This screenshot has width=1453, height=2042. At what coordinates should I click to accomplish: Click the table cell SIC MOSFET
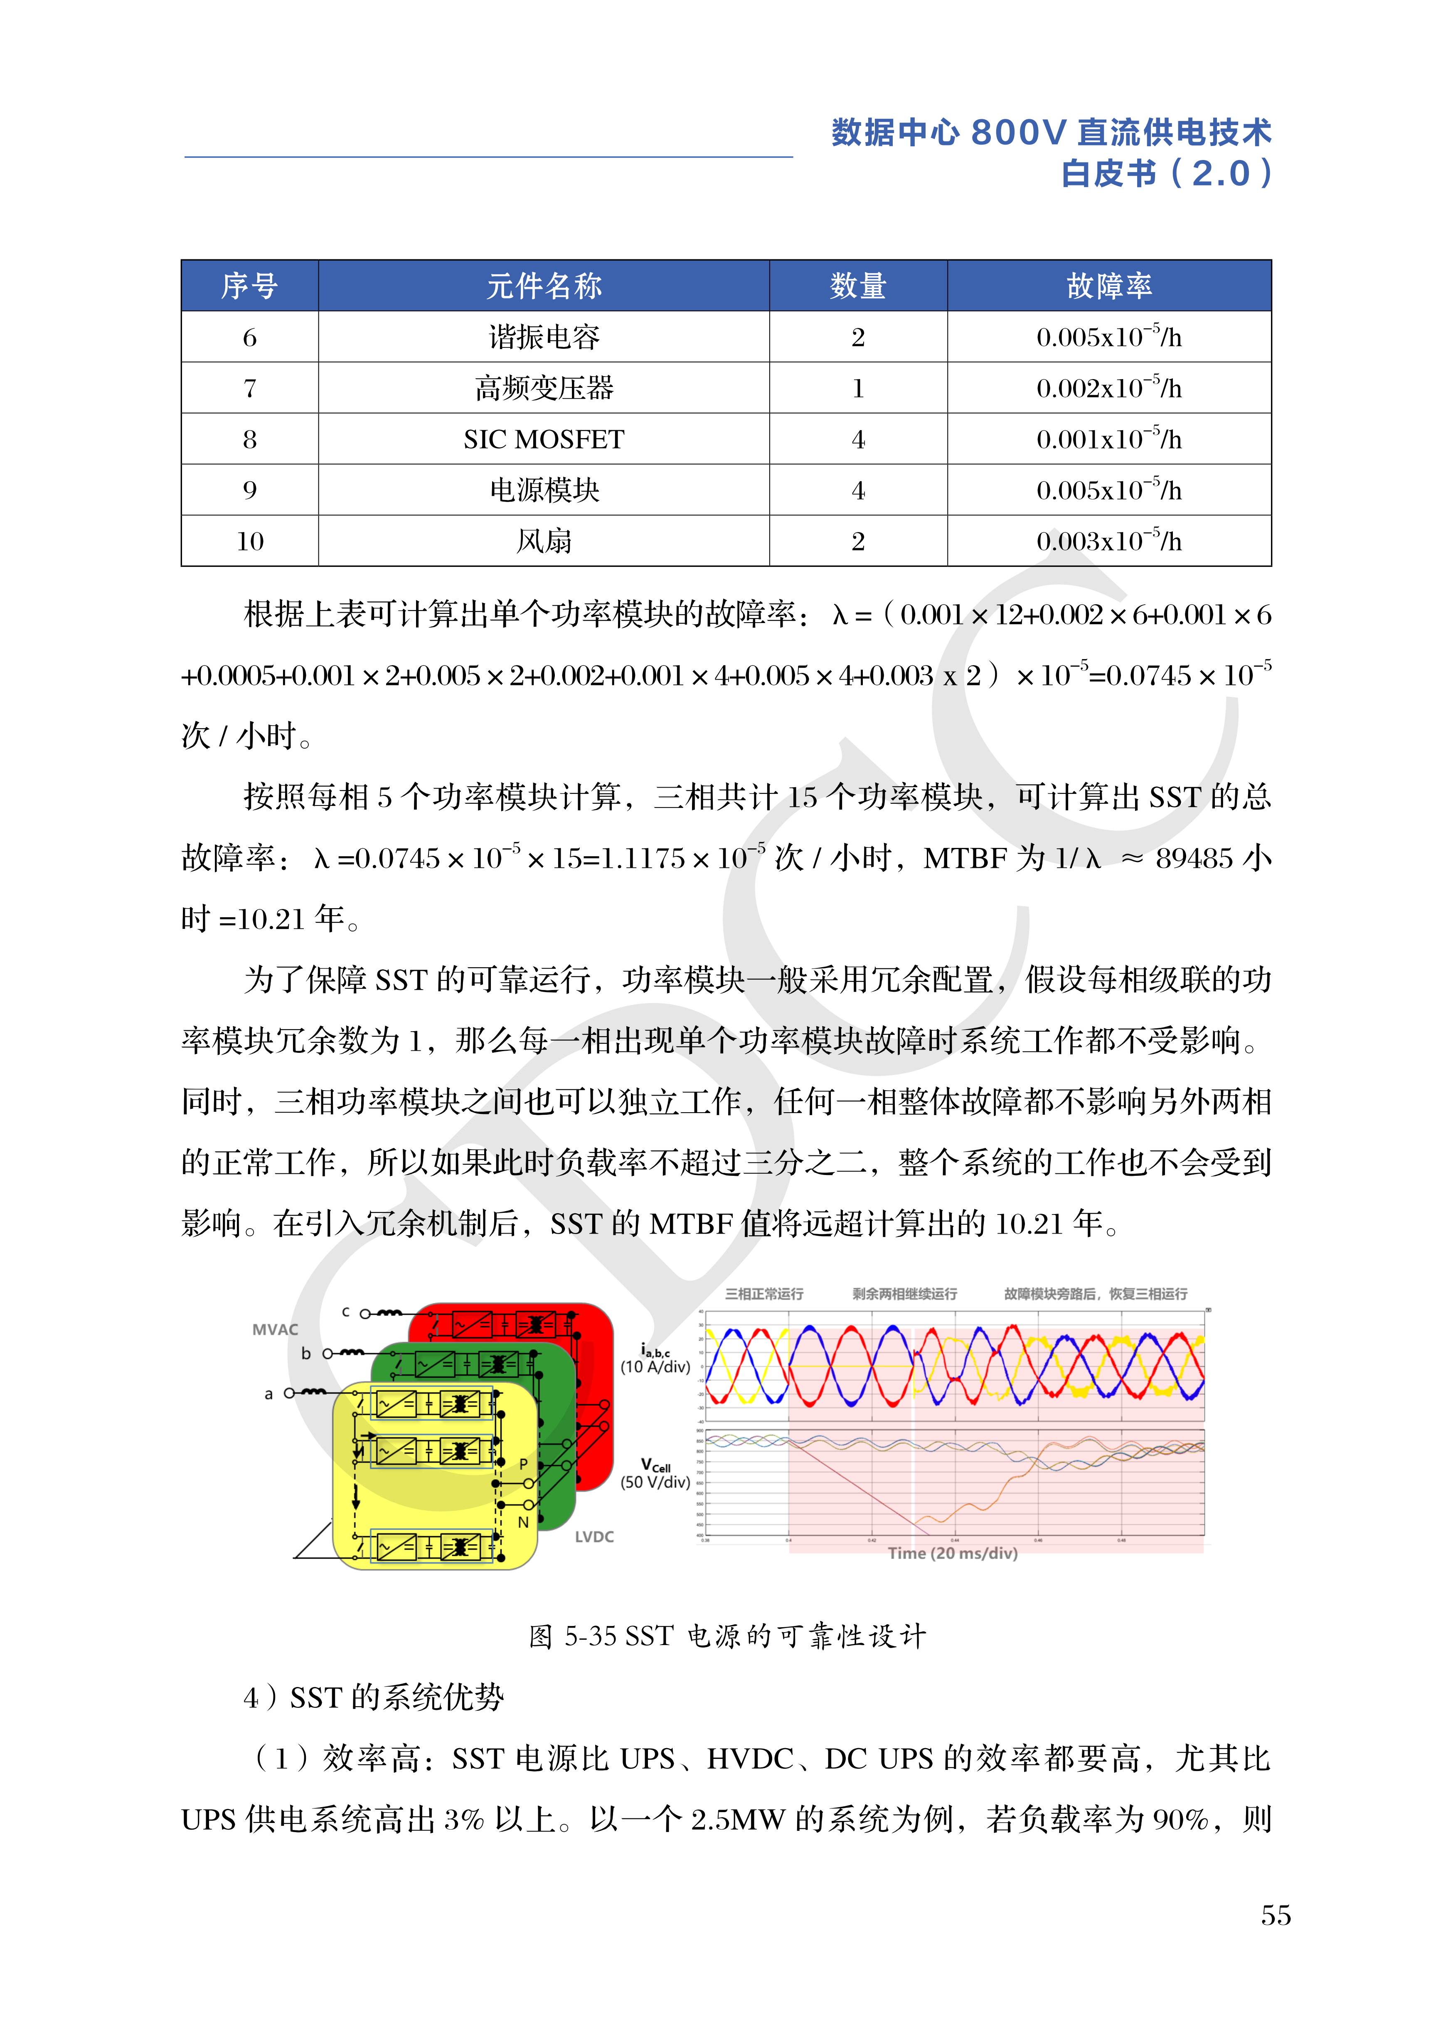543,439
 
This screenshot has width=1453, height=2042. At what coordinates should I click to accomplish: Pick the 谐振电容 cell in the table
543,337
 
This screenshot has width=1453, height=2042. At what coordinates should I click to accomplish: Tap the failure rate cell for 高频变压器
1108,388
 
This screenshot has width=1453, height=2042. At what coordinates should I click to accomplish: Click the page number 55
1275,1915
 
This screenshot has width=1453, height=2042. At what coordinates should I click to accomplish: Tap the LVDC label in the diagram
594,1537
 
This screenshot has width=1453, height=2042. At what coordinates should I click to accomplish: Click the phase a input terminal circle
289,1393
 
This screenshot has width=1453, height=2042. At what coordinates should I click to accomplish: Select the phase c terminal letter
345,1312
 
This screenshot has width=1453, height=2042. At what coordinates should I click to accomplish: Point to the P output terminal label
523,1464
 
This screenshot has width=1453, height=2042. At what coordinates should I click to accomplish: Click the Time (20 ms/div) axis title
952,1553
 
